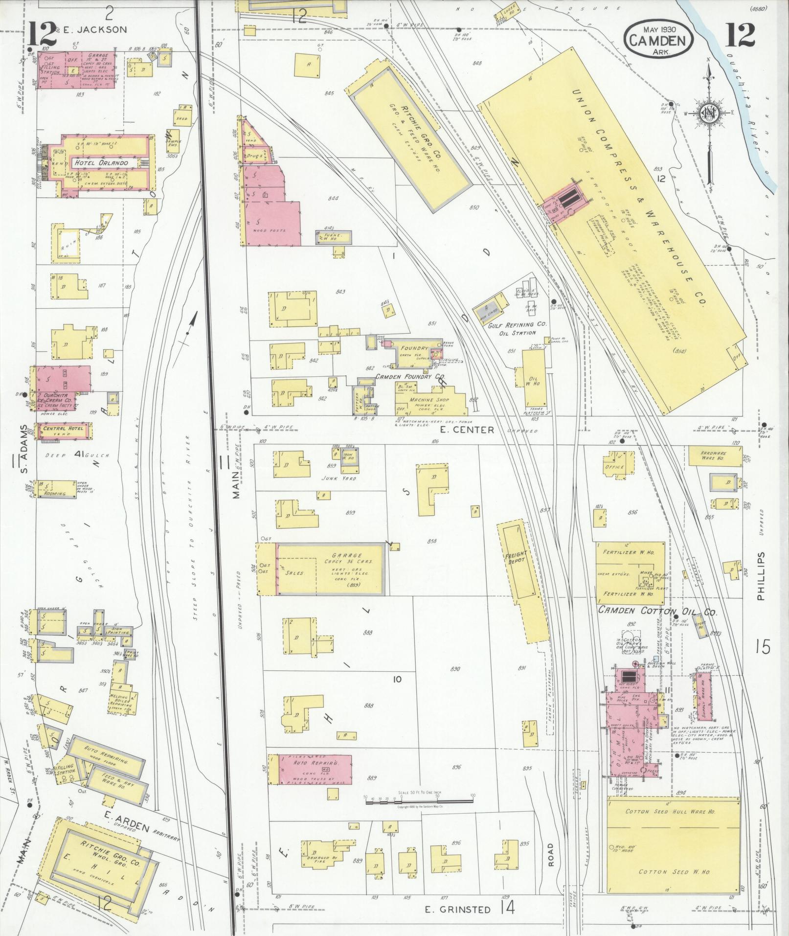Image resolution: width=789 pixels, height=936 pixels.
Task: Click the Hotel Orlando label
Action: (x=101, y=163)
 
